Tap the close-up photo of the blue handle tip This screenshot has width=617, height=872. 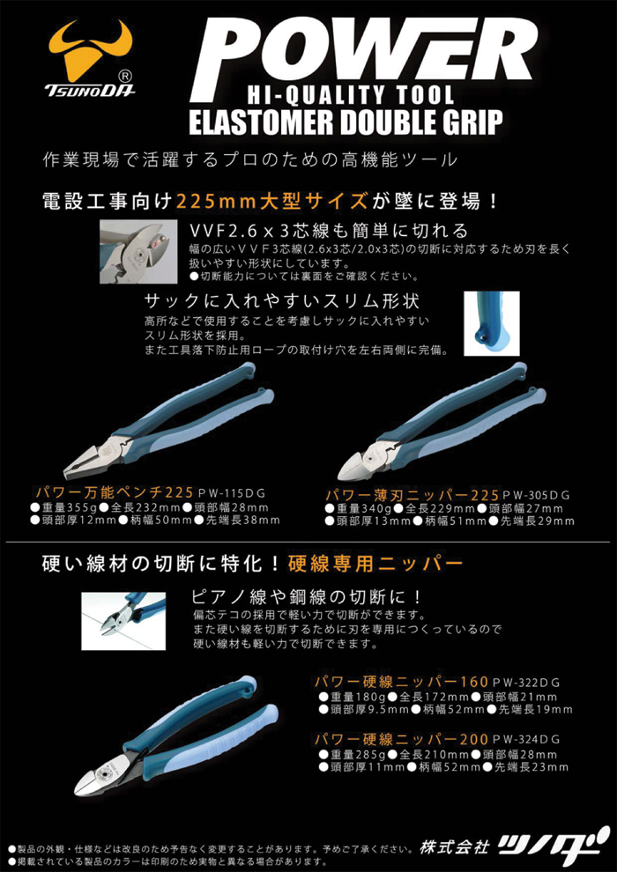pos(491,323)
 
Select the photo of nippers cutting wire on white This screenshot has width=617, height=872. pos(123,621)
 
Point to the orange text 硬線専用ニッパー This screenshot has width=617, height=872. pos(375,565)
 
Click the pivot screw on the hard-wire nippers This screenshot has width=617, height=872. pos(103,775)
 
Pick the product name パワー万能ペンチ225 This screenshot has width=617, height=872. pos(114,492)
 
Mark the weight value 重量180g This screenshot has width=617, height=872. pos(351,696)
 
